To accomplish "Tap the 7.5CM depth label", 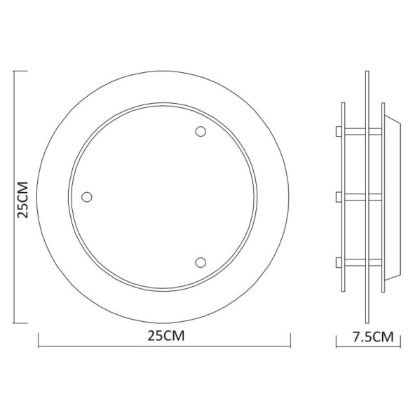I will pyautogui.click(x=372, y=337).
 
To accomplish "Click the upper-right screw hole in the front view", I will pyautogui.click(x=201, y=132).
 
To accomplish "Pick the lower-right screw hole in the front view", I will pyautogui.click(x=201, y=262).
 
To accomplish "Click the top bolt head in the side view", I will pyautogui.click(x=338, y=131).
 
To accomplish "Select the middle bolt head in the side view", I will pyautogui.click(x=338, y=196).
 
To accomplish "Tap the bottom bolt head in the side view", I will pyautogui.click(x=338, y=262).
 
